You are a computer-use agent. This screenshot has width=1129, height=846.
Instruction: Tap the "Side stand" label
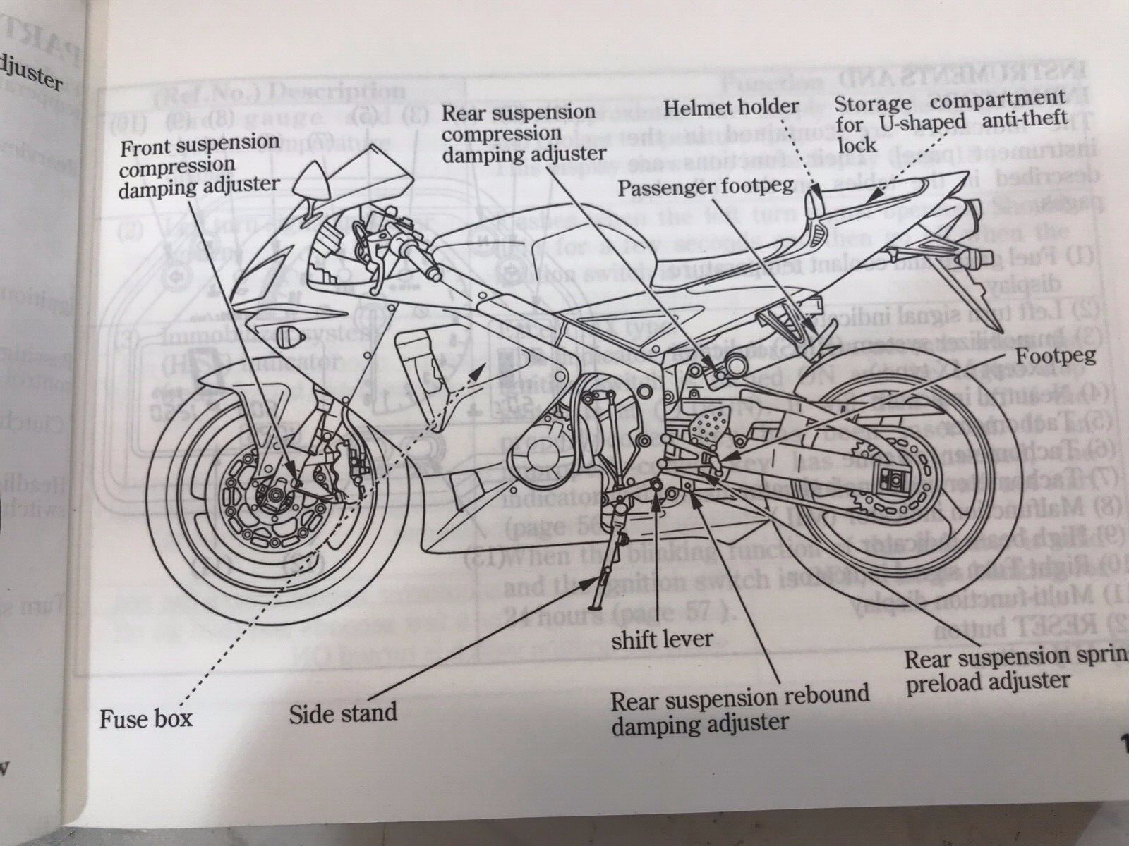(x=342, y=712)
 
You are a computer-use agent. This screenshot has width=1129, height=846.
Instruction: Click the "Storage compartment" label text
(x=950, y=103)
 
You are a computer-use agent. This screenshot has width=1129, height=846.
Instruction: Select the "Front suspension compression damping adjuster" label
(x=200, y=164)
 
